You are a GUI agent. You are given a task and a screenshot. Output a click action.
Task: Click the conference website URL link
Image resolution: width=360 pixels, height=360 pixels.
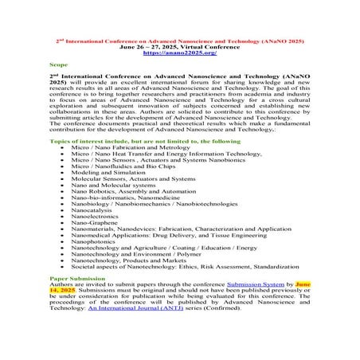point(180,53)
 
